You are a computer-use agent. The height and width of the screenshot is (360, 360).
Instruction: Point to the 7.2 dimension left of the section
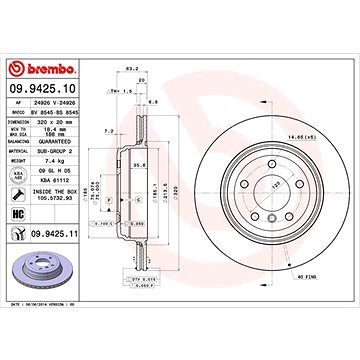pos(107,130)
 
